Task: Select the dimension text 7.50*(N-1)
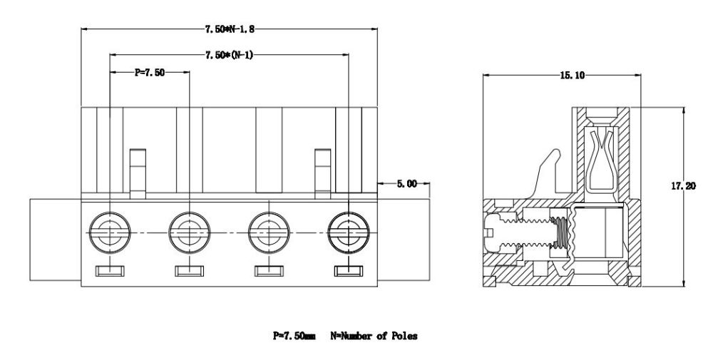[228, 54]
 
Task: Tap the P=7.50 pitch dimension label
[150, 72]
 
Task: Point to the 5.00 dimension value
[406, 184]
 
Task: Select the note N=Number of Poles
[374, 335]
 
